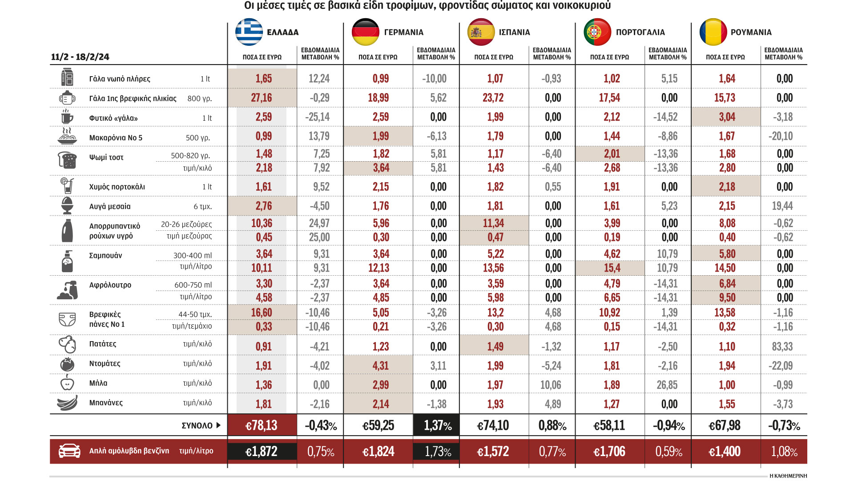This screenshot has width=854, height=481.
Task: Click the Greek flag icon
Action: coord(249,32)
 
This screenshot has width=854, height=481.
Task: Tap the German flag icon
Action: coord(365,32)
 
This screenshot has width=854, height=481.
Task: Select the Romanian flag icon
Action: coord(713,32)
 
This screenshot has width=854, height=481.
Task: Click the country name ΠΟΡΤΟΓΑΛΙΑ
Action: coord(640,33)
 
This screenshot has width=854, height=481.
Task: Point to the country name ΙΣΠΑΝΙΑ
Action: coord(514,33)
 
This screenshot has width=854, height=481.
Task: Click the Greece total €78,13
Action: coord(262,425)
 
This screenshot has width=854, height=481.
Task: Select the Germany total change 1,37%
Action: coord(437,425)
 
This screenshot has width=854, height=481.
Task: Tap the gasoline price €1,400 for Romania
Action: coord(725,452)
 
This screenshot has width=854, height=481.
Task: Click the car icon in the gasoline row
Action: coord(69,451)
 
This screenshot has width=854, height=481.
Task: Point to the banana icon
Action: coord(67,403)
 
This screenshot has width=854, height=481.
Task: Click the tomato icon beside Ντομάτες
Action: coord(67,364)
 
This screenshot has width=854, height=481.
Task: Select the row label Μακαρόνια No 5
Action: coord(116,138)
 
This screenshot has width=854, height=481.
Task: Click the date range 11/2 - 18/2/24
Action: coord(80,57)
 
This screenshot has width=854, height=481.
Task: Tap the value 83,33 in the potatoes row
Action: coord(782,346)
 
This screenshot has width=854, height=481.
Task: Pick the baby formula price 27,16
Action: coord(261,98)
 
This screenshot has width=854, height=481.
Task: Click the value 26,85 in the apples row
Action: coord(667,385)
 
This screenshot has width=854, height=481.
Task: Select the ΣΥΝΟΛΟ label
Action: coord(197,425)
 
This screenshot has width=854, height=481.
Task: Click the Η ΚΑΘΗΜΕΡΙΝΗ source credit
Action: coord(788,476)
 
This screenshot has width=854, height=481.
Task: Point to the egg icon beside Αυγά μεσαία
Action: coord(67,206)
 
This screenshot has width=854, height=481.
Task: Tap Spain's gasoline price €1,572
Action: coord(493,452)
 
